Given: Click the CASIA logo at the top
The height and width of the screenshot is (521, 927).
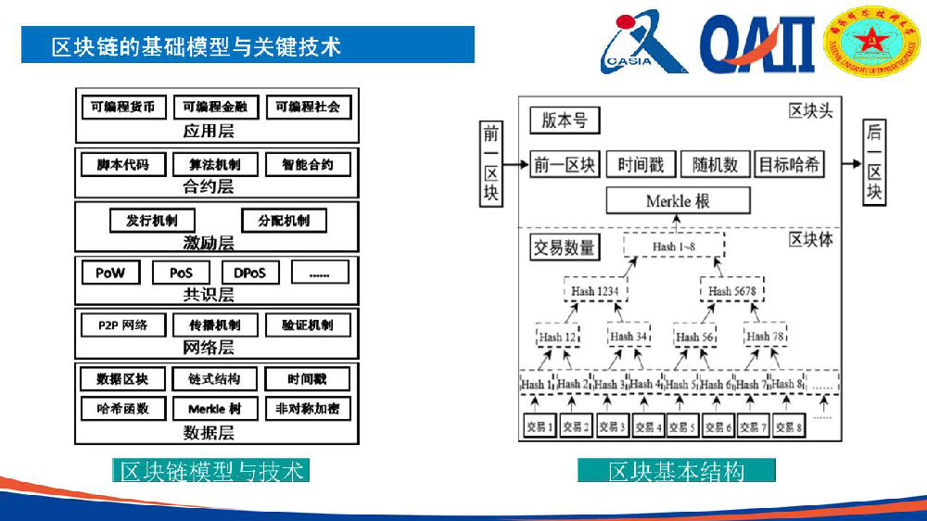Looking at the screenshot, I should (x=643, y=43).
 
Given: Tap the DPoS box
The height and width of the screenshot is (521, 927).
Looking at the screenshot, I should (x=250, y=273).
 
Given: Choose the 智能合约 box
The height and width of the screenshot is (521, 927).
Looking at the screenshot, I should (x=308, y=165).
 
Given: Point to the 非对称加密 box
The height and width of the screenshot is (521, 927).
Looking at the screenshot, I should (x=308, y=409).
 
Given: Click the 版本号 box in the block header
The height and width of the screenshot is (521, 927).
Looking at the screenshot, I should (x=565, y=121).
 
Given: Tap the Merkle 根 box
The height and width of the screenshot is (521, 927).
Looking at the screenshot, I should (x=678, y=200).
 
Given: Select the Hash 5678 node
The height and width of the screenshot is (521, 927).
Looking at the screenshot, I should (x=732, y=291).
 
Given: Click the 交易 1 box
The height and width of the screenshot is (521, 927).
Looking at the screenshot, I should (x=539, y=426).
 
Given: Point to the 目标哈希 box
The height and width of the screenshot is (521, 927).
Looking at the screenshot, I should (x=788, y=165).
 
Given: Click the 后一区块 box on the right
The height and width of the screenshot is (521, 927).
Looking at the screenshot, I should (x=874, y=163).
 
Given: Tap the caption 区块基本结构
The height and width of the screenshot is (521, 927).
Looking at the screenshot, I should (x=676, y=471).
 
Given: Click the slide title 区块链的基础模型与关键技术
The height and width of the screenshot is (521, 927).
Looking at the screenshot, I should (x=197, y=45).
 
